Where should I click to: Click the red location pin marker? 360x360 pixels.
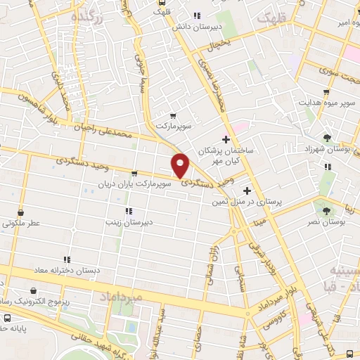click(x=181, y=165)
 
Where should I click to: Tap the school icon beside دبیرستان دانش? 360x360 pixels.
click(x=198, y=15)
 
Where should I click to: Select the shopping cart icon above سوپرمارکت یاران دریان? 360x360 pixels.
click(x=134, y=173)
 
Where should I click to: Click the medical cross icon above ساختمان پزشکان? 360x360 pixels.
click(x=225, y=139)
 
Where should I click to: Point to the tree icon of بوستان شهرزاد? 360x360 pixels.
click(x=328, y=138)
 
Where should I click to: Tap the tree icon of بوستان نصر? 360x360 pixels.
click(x=325, y=209)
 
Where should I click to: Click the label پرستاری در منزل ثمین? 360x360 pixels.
click(x=246, y=201)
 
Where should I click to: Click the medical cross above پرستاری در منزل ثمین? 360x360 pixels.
click(x=246, y=190)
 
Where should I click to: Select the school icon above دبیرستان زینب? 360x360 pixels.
click(x=127, y=211)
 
